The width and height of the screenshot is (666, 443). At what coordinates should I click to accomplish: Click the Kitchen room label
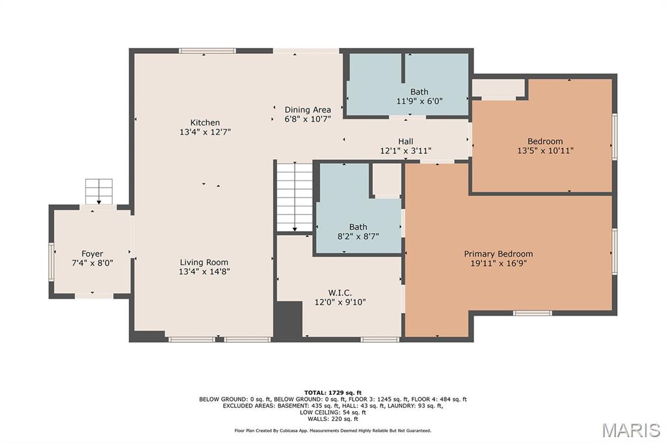pyautogui.click(x=205, y=123)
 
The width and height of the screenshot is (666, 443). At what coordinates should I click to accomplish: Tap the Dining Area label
pyautogui.click(x=308, y=110)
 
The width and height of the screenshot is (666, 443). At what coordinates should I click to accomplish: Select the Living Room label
pyautogui.click(x=204, y=262)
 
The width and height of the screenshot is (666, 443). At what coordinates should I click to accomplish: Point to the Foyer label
pyautogui.click(x=92, y=254)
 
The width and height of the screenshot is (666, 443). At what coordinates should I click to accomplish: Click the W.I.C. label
pyautogui.click(x=340, y=293)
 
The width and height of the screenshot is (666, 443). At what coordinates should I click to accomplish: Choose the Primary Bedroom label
pyautogui.click(x=498, y=254)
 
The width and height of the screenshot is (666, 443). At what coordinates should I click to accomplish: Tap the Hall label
pyautogui.click(x=406, y=142)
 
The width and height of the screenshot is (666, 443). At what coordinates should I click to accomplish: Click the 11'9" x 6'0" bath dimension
pyautogui.click(x=420, y=101)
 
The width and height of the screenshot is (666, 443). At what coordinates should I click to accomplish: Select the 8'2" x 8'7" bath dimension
pyautogui.click(x=358, y=236)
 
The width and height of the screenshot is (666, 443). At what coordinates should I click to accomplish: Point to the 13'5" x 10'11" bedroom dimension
pyautogui.click(x=545, y=150)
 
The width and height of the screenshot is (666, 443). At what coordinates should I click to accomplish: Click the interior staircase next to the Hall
pyautogui.click(x=295, y=196)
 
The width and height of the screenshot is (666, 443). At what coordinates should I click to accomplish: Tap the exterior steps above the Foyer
pyautogui.click(x=99, y=192)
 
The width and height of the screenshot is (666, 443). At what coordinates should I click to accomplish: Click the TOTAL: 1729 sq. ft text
pyautogui.click(x=332, y=393)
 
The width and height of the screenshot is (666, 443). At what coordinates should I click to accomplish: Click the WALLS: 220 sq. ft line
pyautogui.click(x=332, y=419)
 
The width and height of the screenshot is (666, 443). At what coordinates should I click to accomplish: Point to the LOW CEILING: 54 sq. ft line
pyautogui.click(x=332, y=412)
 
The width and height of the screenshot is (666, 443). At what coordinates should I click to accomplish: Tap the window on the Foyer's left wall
pyautogui.click(x=51, y=261)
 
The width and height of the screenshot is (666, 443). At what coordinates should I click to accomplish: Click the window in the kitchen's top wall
pyautogui.click(x=207, y=51)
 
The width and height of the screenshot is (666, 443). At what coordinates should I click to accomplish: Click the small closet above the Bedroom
pyautogui.click(x=498, y=88)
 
